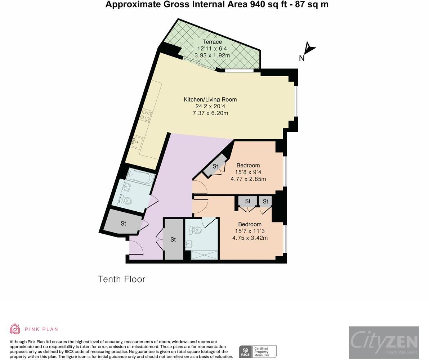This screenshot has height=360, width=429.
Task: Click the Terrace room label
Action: click(212, 42)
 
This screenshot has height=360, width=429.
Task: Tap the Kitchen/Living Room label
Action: click(210, 99)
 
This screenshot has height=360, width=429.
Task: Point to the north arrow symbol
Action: click(310, 48)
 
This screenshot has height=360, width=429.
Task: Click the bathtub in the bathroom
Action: click(140, 176)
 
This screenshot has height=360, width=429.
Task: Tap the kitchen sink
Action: click(137, 142)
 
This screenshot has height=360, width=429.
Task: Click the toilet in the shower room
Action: click(195, 230)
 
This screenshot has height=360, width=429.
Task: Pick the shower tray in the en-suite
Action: click(204, 255)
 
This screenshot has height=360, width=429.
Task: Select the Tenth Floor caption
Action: click(121, 279)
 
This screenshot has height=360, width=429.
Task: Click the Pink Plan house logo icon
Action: click(15, 329)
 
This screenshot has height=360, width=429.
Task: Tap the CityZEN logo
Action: click(384, 342)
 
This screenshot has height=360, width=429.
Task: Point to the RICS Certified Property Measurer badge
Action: click(258, 351)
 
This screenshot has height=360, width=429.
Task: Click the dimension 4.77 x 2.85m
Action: click(248, 179)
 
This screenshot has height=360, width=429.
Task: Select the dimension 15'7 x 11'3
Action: click(250, 231)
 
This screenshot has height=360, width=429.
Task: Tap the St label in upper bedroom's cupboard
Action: click(215, 166)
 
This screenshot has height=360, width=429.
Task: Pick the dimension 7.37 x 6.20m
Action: click(210, 113)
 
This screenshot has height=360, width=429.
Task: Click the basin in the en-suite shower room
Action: click(188, 244)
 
